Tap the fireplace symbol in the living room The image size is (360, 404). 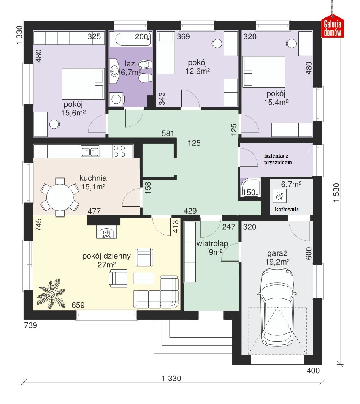[x=106, y=232]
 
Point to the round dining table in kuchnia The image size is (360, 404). [x=60, y=197]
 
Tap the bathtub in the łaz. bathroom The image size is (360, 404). [x=130, y=39]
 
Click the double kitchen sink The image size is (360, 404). [x=90, y=151]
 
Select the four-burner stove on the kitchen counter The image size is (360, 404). [x=119, y=151]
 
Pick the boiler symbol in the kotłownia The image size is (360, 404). [x=279, y=196]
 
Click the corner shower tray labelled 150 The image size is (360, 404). [x=250, y=188]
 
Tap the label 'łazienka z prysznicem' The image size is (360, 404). [x=278, y=159]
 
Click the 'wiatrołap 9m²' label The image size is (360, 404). [x=213, y=248]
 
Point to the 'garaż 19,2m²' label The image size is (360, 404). [x=277, y=257]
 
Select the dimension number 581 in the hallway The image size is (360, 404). [x=168, y=133]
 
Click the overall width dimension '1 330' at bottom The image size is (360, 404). [x=171, y=378]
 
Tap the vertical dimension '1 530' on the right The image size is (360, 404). [x=336, y=193]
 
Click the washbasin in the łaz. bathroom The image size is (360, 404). [x=114, y=71]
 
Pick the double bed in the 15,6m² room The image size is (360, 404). [x=83, y=84]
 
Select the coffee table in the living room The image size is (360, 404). [x=144, y=278]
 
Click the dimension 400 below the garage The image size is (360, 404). [x=313, y=371]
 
